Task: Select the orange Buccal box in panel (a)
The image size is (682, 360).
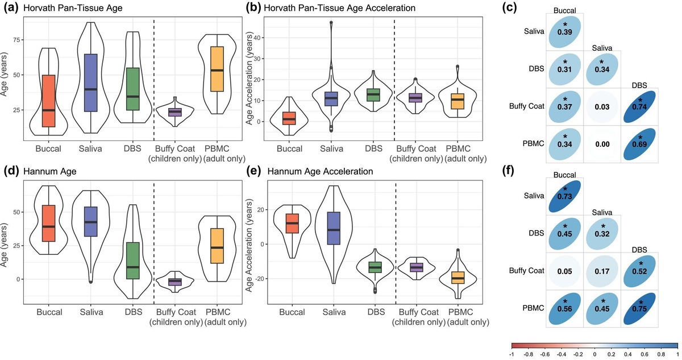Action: (x=49, y=101)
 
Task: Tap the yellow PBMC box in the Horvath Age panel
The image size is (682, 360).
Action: (x=217, y=69)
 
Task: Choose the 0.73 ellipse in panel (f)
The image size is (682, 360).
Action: (x=565, y=194)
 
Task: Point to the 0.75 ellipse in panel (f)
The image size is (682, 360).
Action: (x=639, y=309)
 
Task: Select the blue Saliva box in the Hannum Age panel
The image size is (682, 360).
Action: (x=91, y=221)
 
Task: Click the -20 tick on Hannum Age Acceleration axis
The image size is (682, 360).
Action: (x=265, y=279)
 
